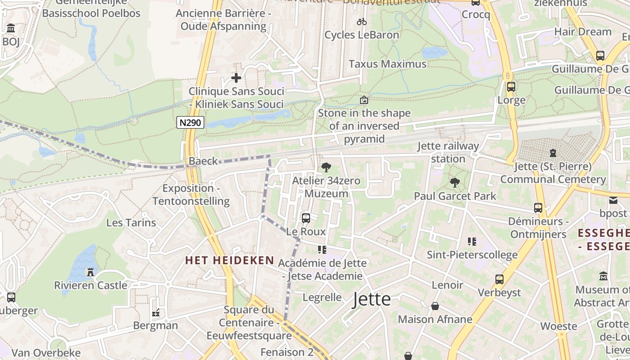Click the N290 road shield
(190, 122)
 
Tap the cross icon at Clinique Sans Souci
(236, 78)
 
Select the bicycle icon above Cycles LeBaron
(362, 22)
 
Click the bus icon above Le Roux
(306, 218)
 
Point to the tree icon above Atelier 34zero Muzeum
(326, 167)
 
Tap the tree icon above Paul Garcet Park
(455, 182)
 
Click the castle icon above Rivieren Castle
(90, 272)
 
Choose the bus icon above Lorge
(511, 86)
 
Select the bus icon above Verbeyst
(499, 279)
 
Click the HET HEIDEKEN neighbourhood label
(230, 260)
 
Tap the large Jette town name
(372, 299)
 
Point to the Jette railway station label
(448, 153)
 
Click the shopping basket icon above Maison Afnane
(435, 306)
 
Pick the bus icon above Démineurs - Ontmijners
(538, 208)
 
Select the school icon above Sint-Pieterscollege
(472, 242)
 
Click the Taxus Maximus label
(387, 64)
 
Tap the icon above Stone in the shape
(364, 100)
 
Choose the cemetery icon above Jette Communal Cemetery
(553, 153)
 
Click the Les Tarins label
(131, 222)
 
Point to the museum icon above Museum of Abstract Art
(603, 276)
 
